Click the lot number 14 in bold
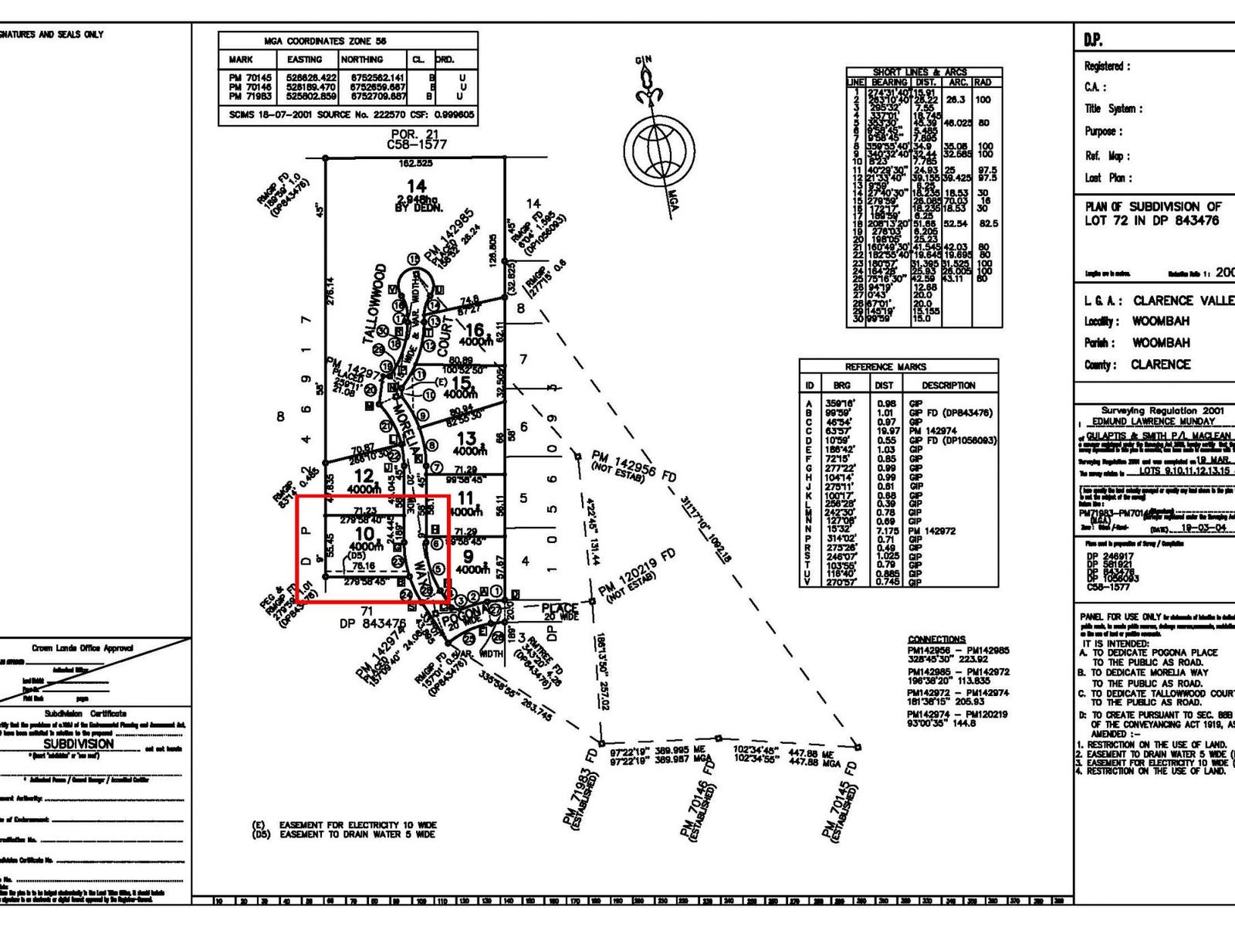coord(416,185)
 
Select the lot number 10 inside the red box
coord(365,533)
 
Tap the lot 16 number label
coord(473,330)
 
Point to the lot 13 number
coord(467,439)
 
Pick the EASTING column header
coord(304,59)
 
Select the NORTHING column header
coord(361,59)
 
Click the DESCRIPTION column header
coord(949,385)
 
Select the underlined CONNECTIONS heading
coord(936,640)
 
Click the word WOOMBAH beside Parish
coord(1160,343)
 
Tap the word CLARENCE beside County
coord(1161,365)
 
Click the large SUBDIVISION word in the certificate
coord(79,744)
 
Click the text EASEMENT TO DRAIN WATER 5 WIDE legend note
coord(358,835)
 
